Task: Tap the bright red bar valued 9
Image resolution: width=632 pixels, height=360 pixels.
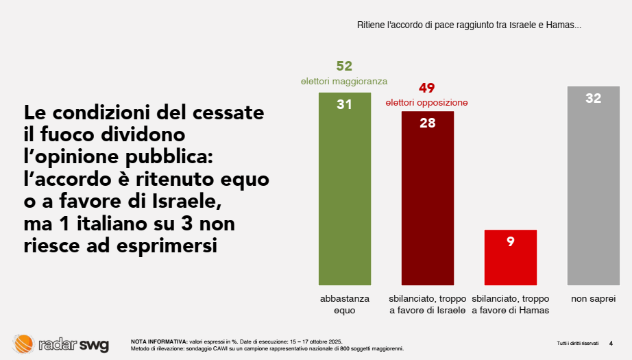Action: pos(510,261)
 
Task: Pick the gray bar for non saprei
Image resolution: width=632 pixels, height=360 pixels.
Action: pos(593,192)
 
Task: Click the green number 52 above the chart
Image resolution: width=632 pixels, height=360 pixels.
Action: pos(344,66)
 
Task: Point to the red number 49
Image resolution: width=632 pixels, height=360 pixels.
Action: pos(426,88)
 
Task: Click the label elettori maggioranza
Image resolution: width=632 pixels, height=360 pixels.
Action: pos(344,81)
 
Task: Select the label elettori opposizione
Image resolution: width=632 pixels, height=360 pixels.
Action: pos(426,103)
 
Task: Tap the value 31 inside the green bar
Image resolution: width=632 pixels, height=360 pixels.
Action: pos(344,105)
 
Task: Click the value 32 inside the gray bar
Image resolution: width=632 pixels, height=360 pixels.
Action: pos(593,99)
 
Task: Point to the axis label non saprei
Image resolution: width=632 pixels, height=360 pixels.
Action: pos(593,299)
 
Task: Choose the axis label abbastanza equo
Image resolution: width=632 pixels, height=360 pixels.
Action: pos(344,304)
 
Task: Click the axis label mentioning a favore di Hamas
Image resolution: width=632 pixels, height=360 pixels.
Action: pos(510,304)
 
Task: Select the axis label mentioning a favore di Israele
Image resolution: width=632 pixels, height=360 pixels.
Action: pos(427,304)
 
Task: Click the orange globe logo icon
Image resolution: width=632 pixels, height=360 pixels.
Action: pos(23,344)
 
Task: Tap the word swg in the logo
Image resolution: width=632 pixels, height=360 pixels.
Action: pos(93,344)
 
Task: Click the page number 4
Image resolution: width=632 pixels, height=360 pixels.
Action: pos(611,343)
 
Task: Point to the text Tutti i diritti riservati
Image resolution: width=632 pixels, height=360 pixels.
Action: pos(578,343)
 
